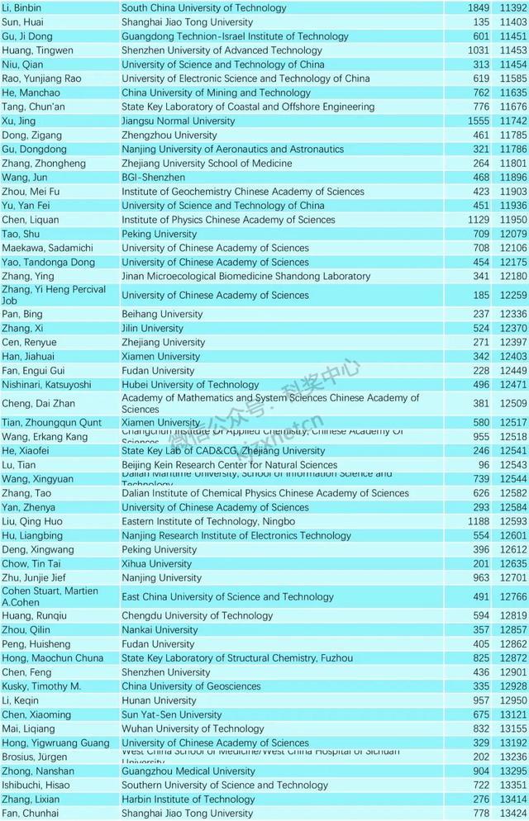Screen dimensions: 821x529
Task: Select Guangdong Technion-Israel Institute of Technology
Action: (235, 36)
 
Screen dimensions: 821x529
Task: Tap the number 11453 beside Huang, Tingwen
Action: (512, 50)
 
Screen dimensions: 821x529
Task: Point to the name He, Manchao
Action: (31, 93)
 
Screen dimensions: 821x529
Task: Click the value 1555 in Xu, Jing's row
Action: (479, 121)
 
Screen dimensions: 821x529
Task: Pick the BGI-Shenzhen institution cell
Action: (155, 177)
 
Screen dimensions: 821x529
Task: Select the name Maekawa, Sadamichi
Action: (47, 248)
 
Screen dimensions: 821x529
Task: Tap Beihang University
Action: (161, 314)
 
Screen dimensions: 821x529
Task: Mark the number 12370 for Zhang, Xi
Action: (512, 328)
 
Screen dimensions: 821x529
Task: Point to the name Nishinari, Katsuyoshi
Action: (46, 385)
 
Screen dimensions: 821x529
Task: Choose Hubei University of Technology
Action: (190, 385)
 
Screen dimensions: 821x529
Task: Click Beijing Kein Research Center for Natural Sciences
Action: (229, 465)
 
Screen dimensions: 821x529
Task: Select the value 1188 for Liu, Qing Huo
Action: (479, 521)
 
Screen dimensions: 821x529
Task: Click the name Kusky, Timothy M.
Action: (41, 686)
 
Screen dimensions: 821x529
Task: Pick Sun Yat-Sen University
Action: (171, 714)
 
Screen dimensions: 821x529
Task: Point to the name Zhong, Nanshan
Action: (37, 771)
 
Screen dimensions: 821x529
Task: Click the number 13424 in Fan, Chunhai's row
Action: (512, 814)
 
